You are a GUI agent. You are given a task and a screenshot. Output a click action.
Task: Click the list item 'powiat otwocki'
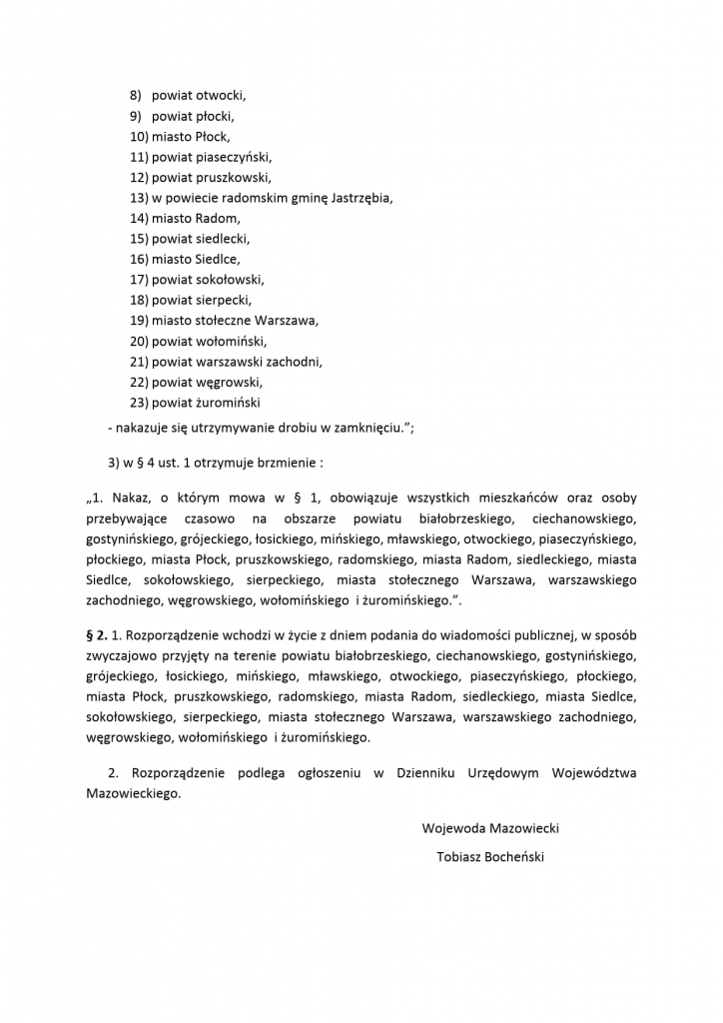[198, 96]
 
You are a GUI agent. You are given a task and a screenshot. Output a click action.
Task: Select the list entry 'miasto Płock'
[191, 137]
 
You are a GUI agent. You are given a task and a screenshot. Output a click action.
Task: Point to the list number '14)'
[139, 218]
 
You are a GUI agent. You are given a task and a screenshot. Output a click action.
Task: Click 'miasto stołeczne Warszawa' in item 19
[235, 321]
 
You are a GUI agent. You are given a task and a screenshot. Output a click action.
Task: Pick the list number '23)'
[139, 403]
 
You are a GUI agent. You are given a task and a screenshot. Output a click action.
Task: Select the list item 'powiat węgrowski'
[207, 382]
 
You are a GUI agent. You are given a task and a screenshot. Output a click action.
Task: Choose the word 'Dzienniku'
[430, 773]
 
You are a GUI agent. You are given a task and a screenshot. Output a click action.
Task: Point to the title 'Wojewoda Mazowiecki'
[490, 828]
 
